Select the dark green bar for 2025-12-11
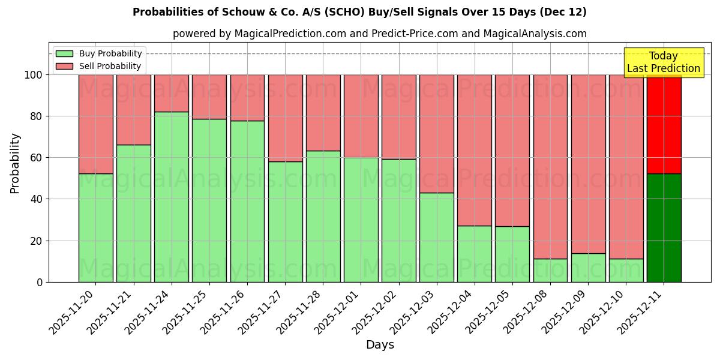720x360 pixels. [x=664, y=228]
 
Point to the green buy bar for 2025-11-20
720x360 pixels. [x=96, y=228]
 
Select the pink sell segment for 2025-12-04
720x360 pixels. [x=475, y=150]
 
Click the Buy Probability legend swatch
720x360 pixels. [x=64, y=54]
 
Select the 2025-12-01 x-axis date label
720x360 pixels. [x=339, y=312]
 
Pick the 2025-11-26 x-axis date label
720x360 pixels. [x=226, y=312]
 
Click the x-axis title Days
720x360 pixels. [x=380, y=345]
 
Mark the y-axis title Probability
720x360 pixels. [x=15, y=163]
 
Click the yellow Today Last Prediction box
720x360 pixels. [x=664, y=62]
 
